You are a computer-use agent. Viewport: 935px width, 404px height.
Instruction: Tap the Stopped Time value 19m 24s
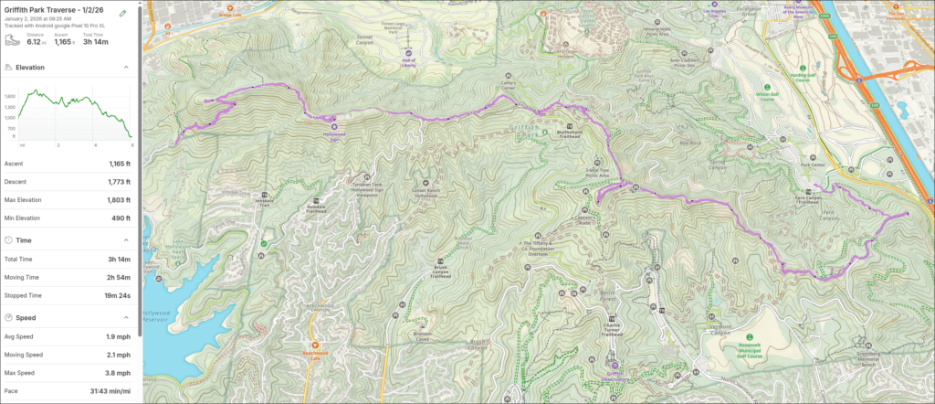tap(116, 295)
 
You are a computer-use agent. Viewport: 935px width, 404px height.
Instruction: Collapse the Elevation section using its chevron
tap(126, 68)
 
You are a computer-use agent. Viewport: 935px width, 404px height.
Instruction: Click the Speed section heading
tap(26, 317)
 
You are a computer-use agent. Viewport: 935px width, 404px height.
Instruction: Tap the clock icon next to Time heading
tap(8, 239)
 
